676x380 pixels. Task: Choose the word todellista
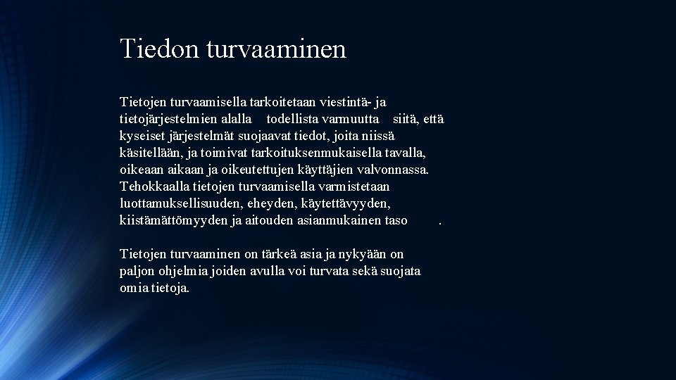point(296,120)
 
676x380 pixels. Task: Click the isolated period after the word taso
point(440,222)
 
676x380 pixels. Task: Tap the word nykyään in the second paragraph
point(365,254)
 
